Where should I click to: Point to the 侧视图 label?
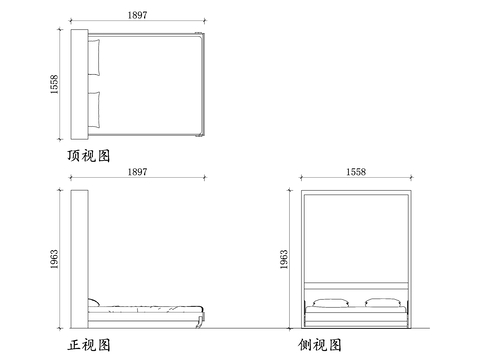(320, 345)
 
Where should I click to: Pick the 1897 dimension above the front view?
(139, 173)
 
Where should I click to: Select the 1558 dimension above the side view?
(357, 173)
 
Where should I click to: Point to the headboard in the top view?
(82, 85)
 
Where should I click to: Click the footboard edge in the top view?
(204, 85)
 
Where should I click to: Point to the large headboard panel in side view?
(357, 240)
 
